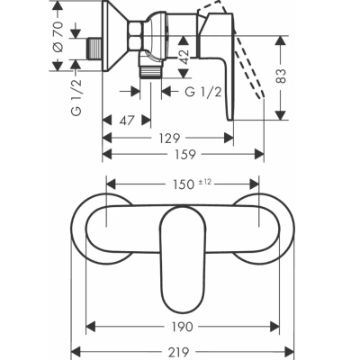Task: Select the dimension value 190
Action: point(182,327)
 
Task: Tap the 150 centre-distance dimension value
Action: point(184,184)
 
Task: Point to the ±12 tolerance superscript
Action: point(204,182)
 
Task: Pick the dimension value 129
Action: point(170,139)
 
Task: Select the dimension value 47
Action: point(127,121)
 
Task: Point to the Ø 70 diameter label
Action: point(58,36)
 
